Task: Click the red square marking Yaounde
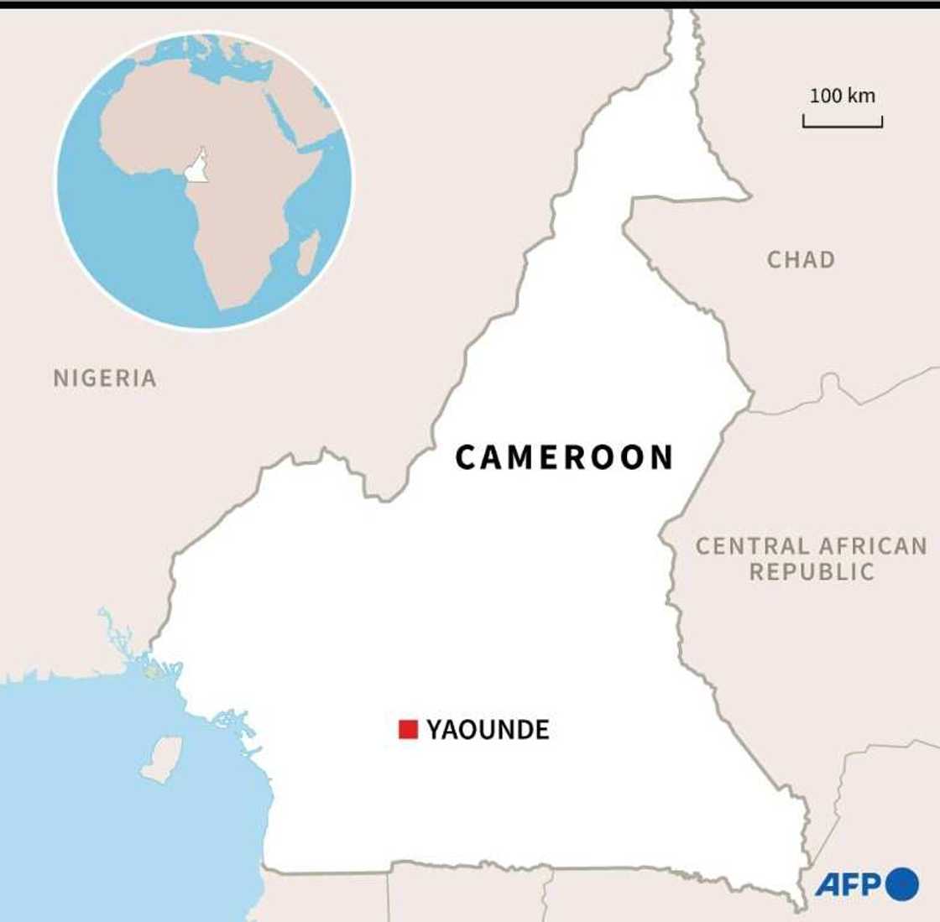point(408,729)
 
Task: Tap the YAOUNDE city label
point(488,730)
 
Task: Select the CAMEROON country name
point(565,457)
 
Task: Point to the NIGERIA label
point(105,378)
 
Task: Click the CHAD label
point(801,260)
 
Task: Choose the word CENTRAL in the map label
point(751,546)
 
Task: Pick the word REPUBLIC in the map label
point(812,573)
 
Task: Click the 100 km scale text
point(842,95)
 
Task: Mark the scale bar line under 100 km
point(842,125)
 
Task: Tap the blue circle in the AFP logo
point(902,884)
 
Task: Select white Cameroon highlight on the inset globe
point(197,167)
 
